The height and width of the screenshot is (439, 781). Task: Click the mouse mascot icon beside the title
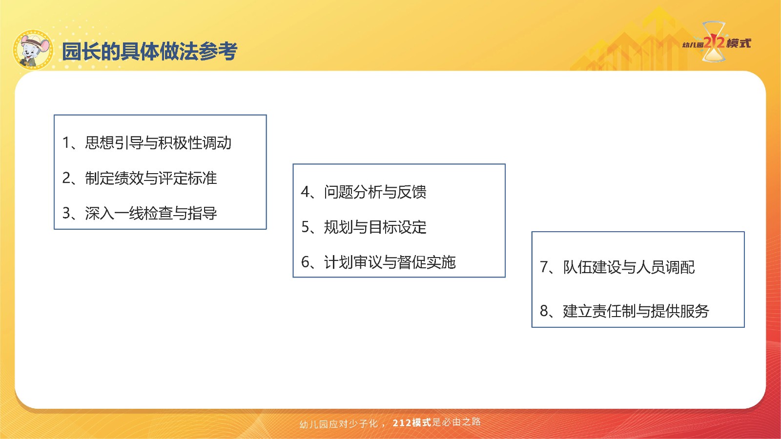tap(33, 50)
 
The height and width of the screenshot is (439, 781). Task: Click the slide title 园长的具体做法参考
tap(150, 51)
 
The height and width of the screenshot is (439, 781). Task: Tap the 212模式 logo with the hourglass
tap(716, 42)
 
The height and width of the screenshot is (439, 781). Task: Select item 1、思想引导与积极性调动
tap(147, 143)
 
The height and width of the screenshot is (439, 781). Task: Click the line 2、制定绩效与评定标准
tap(140, 178)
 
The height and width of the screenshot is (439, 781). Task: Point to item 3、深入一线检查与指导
tap(140, 213)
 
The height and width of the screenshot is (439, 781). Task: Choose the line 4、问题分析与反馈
tap(364, 192)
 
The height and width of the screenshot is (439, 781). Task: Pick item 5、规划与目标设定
tap(364, 227)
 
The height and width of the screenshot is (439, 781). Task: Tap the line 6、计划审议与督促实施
tap(378, 262)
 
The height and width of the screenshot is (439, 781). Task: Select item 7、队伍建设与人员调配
tap(617, 267)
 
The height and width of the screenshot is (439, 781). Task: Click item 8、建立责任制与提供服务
tap(624, 311)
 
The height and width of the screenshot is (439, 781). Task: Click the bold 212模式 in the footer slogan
tap(412, 422)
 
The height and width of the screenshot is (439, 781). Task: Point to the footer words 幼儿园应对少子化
tap(339, 424)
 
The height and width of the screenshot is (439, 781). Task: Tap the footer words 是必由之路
tap(456, 422)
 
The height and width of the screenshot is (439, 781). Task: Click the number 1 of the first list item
tap(65, 143)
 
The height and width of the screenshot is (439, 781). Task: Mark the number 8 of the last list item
tap(544, 311)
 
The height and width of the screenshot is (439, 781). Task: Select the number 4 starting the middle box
tap(306, 192)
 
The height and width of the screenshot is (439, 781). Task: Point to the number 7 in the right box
tap(544, 267)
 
